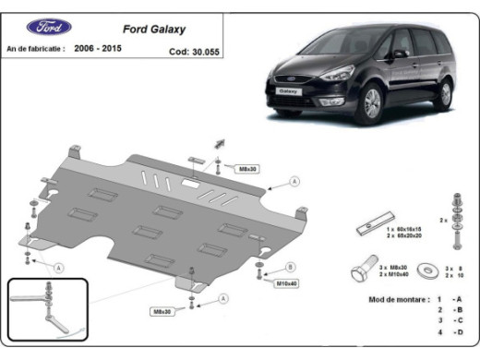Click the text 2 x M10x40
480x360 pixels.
[393, 275]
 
